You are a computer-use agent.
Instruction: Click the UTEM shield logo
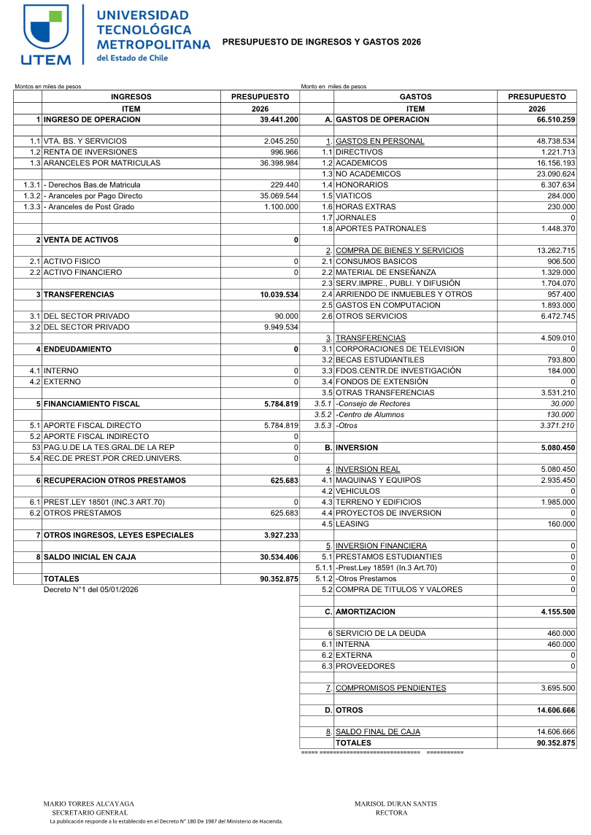[47, 28]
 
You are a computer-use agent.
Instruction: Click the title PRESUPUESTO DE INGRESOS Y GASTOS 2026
[321, 42]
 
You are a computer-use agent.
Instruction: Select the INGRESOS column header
[131, 96]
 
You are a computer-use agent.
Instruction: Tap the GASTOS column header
[415, 96]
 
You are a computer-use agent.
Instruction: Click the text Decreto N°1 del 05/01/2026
[90, 589]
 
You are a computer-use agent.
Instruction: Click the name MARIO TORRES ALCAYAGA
[89, 804]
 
